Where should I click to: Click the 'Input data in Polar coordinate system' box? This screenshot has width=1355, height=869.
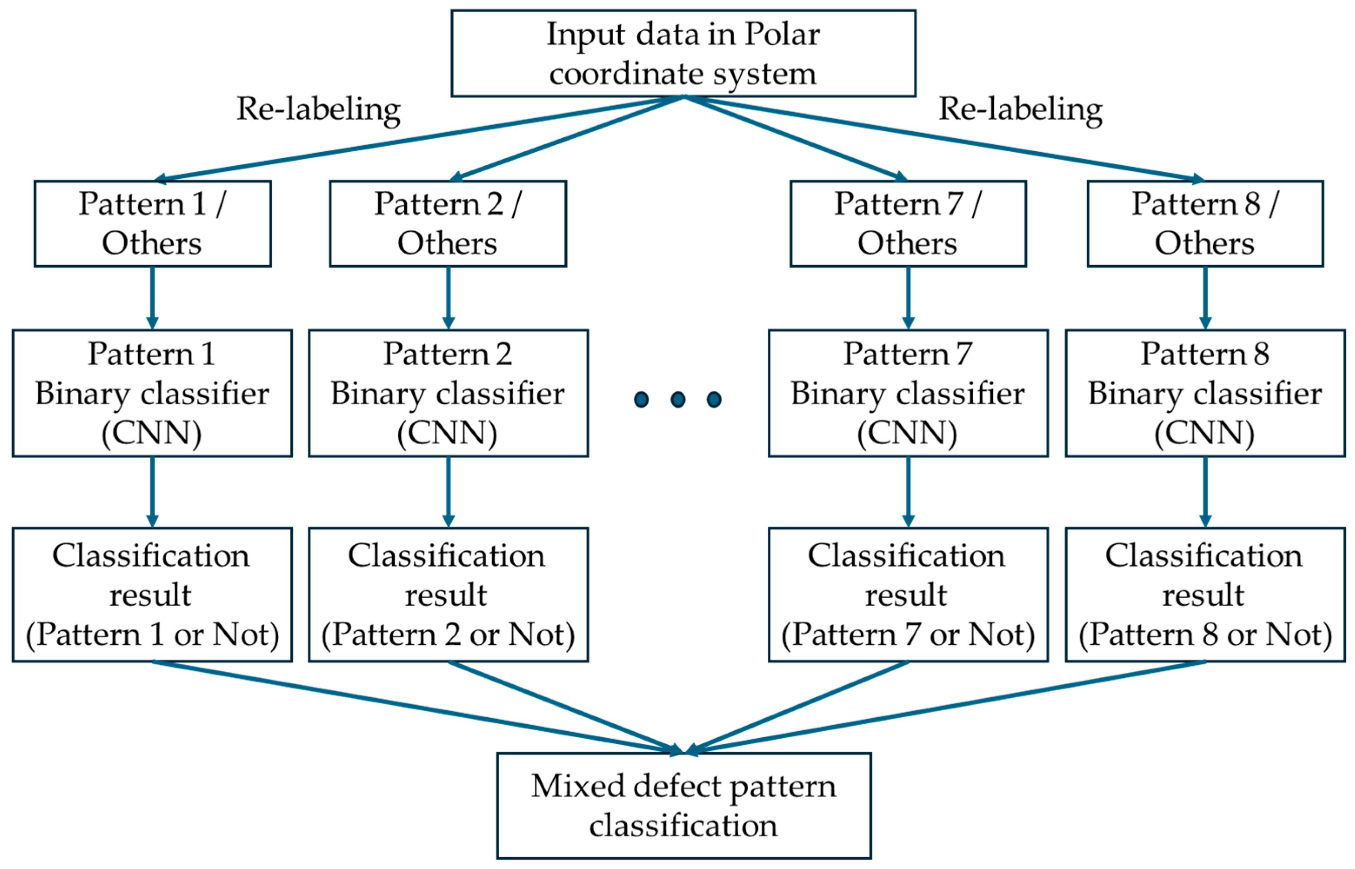[682, 53]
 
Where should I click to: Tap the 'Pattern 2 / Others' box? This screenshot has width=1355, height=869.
[448, 223]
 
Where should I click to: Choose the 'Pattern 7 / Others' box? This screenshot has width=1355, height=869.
[908, 223]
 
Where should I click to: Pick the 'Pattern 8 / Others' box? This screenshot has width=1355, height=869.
[1205, 223]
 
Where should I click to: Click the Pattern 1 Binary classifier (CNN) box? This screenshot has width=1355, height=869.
[152, 393]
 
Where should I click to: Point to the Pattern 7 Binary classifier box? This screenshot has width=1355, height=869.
[908, 393]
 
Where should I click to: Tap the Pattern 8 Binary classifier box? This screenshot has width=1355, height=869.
[1205, 393]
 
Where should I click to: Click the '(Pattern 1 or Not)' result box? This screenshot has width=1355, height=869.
[152, 595]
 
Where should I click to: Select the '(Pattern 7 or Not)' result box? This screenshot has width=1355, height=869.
[908, 595]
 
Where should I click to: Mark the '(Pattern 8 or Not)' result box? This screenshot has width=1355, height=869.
[1205, 595]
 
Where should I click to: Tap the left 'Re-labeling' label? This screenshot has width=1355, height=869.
[318, 110]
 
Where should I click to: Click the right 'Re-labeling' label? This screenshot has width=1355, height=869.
[1020, 110]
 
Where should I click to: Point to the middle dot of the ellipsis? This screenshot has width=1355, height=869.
[677, 400]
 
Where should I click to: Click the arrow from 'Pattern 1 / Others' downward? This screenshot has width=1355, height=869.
[152, 298]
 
